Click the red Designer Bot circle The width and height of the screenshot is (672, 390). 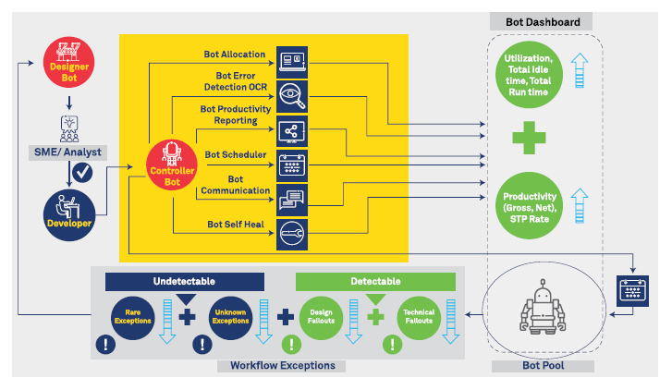68,62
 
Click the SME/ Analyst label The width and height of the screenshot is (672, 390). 69,152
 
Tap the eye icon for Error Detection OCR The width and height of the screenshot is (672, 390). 292,95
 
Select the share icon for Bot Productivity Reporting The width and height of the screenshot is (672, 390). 292,130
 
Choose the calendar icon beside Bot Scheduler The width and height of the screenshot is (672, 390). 292,165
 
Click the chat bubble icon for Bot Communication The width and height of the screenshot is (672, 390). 292,198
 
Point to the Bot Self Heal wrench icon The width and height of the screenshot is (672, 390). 292,233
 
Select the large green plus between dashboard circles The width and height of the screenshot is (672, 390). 531,139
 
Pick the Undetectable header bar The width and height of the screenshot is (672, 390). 185,281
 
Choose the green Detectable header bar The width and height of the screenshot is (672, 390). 375,281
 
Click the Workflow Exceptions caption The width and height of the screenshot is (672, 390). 282,366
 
